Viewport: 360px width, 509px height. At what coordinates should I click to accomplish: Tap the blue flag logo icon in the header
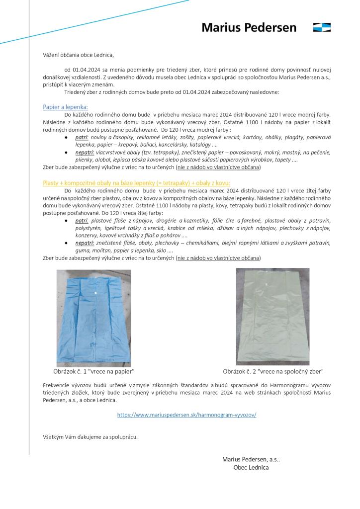[322, 27]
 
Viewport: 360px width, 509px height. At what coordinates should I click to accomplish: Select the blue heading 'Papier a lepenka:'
[65, 107]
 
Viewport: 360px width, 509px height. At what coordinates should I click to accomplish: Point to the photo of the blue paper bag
[94, 318]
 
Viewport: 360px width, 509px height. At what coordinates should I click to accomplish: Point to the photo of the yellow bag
[272, 317]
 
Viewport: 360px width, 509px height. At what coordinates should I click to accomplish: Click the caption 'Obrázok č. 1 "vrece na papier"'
[94, 371]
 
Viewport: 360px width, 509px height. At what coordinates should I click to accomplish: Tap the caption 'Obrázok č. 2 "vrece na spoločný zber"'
[273, 371]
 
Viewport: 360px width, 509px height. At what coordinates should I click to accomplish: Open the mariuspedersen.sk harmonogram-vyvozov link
[187, 414]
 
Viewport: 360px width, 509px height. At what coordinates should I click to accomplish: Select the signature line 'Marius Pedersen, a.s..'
[251, 459]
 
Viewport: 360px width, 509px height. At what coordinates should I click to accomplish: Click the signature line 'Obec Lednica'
[251, 467]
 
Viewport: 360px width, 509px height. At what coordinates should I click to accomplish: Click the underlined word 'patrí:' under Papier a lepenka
[82, 137]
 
